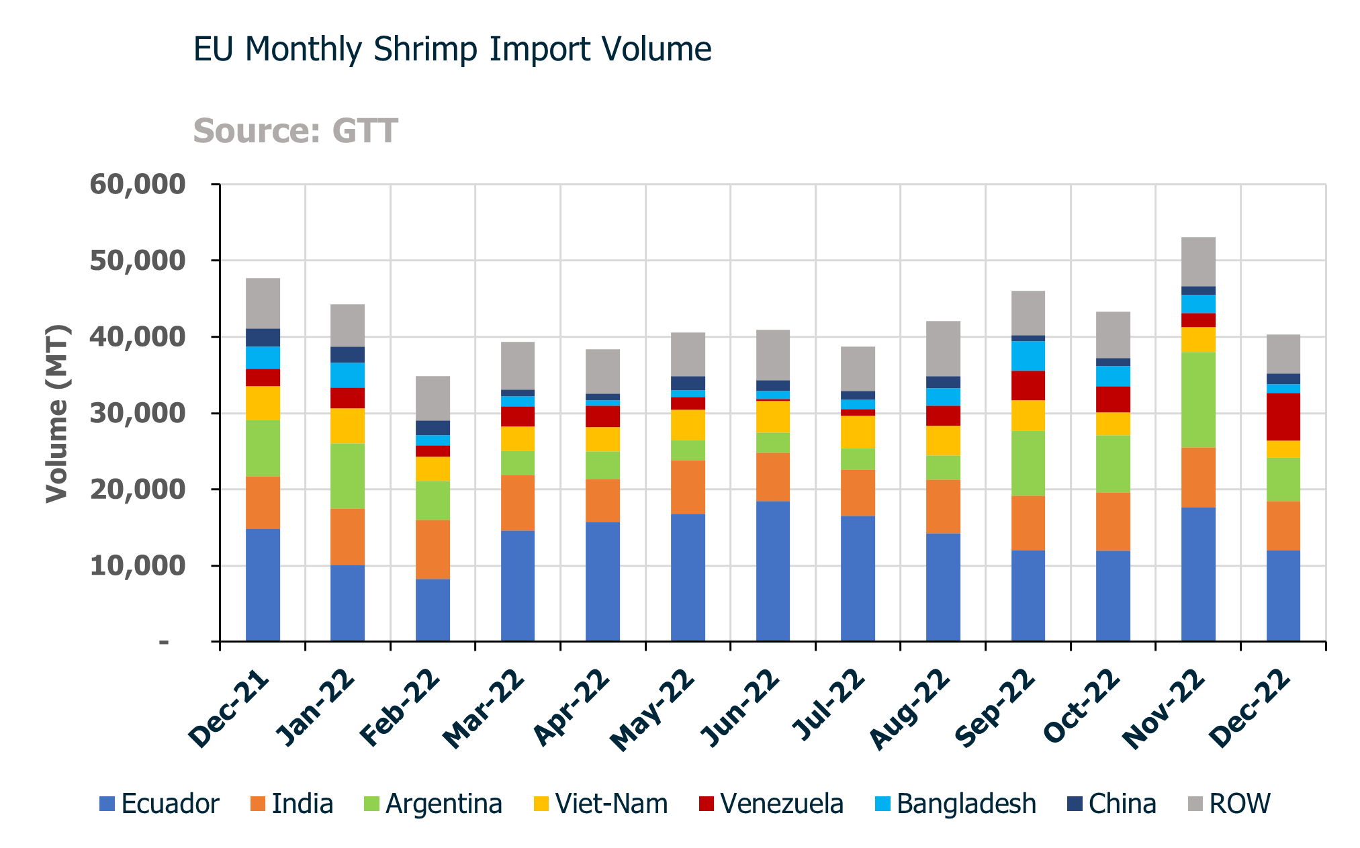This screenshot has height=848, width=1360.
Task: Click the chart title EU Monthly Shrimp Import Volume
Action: click(452, 50)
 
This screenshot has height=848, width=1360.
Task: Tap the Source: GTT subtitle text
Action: click(296, 131)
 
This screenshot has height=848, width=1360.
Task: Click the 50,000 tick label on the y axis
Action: click(137, 261)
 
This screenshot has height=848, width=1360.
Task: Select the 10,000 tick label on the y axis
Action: click(137, 566)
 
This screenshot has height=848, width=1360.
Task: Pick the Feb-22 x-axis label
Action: click(401, 709)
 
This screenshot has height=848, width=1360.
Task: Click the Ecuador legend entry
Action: click(160, 804)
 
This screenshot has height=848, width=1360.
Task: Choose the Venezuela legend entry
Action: click(771, 804)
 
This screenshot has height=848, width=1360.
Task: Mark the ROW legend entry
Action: click(1229, 804)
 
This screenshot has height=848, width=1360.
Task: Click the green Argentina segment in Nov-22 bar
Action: click(1198, 399)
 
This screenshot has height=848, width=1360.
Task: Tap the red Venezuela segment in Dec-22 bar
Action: click(1283, 416)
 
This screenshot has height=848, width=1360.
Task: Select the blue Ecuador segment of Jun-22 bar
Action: click(773, 571)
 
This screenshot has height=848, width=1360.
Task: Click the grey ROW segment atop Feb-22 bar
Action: click(433, 398)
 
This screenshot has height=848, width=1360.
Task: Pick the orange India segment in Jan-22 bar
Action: click(347, 536)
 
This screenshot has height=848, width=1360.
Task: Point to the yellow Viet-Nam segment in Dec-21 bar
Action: click(263, 403)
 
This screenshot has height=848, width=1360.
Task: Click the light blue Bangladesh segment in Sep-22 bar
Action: click(1028, 356)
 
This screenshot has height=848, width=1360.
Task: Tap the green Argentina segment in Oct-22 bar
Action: click(1113, 463)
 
